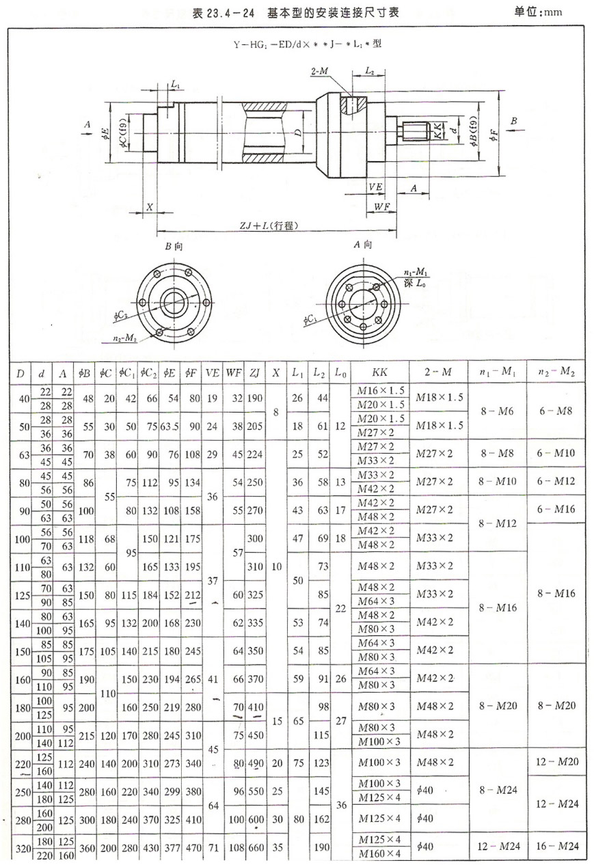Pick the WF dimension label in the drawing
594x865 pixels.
point(381,206)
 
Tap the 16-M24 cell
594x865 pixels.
point(555,847)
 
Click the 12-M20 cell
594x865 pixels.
point(555,761)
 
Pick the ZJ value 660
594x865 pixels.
point(255,847)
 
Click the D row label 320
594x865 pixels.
point(21,847)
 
